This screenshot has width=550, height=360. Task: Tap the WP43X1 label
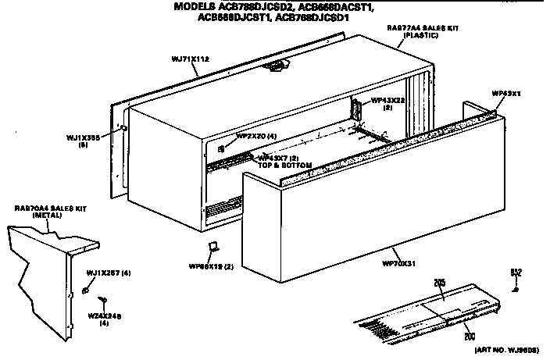pos(505,94)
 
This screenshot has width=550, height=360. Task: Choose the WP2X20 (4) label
pos(255,135)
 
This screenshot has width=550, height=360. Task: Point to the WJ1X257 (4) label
pos(108,272)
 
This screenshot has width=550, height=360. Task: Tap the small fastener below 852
pos(516,289)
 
